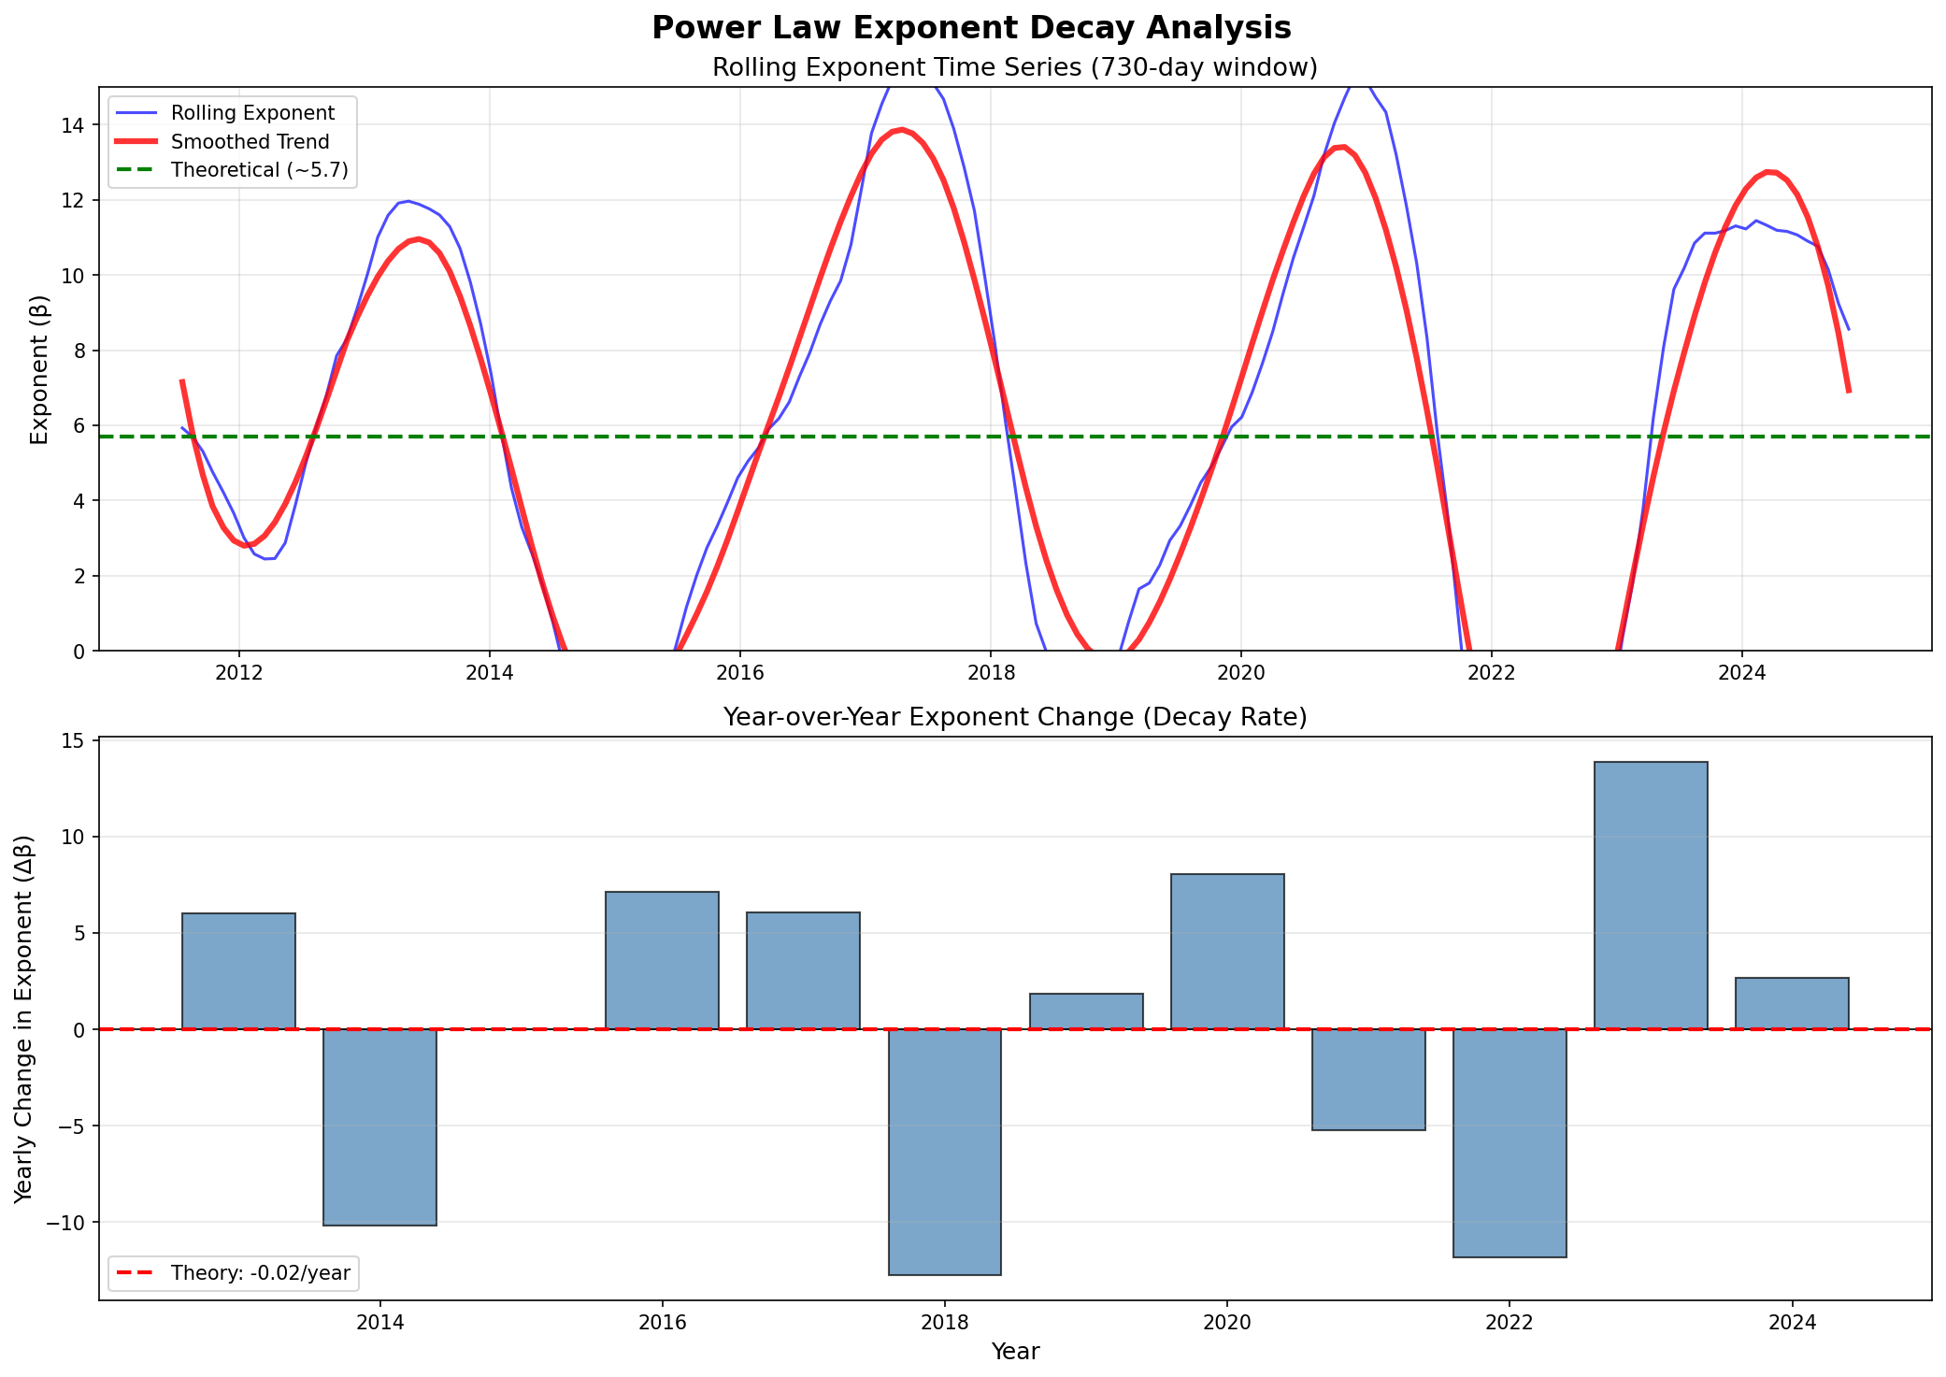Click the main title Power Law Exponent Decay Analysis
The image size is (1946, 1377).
coord(971,28)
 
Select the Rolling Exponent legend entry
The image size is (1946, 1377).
coord(252,113)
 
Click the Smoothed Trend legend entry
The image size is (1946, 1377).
coord(250,142)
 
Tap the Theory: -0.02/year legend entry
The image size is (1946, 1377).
coord(260,1272)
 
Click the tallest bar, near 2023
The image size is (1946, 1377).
coord(1651,896)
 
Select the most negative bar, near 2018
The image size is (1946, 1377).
coord(945,1152)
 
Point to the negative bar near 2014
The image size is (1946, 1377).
coord(379,1126)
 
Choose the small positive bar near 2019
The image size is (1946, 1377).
coord(1086,1011)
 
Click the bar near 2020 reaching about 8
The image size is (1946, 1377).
coord(1227,952)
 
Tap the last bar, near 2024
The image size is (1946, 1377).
coord(1792,1003)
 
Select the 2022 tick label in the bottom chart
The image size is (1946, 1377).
coord(1509,1324)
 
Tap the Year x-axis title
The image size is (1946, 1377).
coord(1015,1352)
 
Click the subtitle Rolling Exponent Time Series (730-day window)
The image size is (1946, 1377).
coord(1014,68)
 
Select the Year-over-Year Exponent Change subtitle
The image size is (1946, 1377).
coord(1014,717)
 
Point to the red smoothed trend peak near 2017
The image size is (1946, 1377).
coord(900,130)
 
